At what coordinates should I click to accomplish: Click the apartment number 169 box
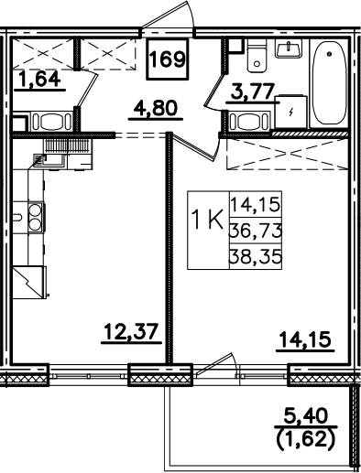tap(168, 59)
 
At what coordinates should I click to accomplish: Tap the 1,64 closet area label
tap(39, 79)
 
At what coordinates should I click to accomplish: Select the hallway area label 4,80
tap(156, 109)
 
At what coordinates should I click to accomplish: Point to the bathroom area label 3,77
tap(252, 91)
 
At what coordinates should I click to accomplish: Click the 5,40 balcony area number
tap(306, 415)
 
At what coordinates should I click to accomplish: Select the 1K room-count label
tap(207, 221)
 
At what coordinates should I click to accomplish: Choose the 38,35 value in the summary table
tap(256, 257)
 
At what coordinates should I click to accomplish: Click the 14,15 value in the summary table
tap(256, 205)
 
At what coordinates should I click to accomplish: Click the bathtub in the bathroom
tap(329, 83)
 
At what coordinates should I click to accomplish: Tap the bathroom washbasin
tap(289, 48)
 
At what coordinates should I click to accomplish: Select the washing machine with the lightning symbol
tap(290, 112)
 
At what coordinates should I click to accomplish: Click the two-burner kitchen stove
tap(35, 217)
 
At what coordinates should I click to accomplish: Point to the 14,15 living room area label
tap(305, 339)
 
